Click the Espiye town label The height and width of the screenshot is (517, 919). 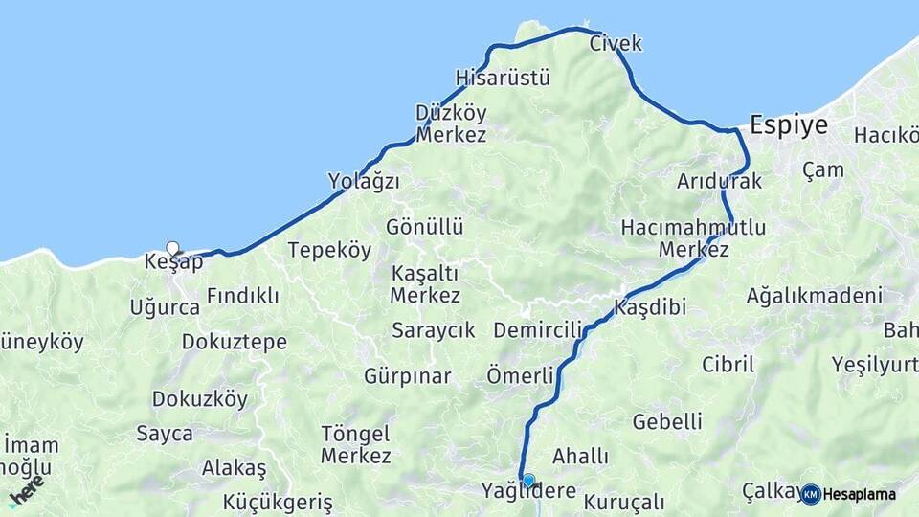[x=788, y=125]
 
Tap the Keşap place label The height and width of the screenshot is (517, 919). [x=173, y=262]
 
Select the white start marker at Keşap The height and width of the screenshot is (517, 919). [x=172, y=247]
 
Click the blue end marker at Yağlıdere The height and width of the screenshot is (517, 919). [x=527, y=480]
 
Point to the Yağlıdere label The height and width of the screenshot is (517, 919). [x=528, y=492]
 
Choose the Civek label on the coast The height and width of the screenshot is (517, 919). [x=616, y=43]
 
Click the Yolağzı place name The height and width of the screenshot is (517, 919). [x=364, y=181]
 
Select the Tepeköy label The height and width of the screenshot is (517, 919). [x=329, y=251]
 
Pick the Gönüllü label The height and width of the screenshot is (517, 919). [x=425, y=227]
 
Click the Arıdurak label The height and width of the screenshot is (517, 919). [x=719, y=181]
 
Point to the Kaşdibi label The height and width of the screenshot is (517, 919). [x=650, y=308]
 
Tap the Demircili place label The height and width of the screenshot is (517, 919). [x=538, y=330]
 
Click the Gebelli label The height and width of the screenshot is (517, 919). [x=667, y=421]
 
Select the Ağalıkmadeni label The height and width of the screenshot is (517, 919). [x=814, y=296]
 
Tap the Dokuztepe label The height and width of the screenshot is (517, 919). [x=234, y=342]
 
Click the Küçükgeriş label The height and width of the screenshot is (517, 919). [x=278, y=502]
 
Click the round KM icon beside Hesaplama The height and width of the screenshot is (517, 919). [x=811, y=494]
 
